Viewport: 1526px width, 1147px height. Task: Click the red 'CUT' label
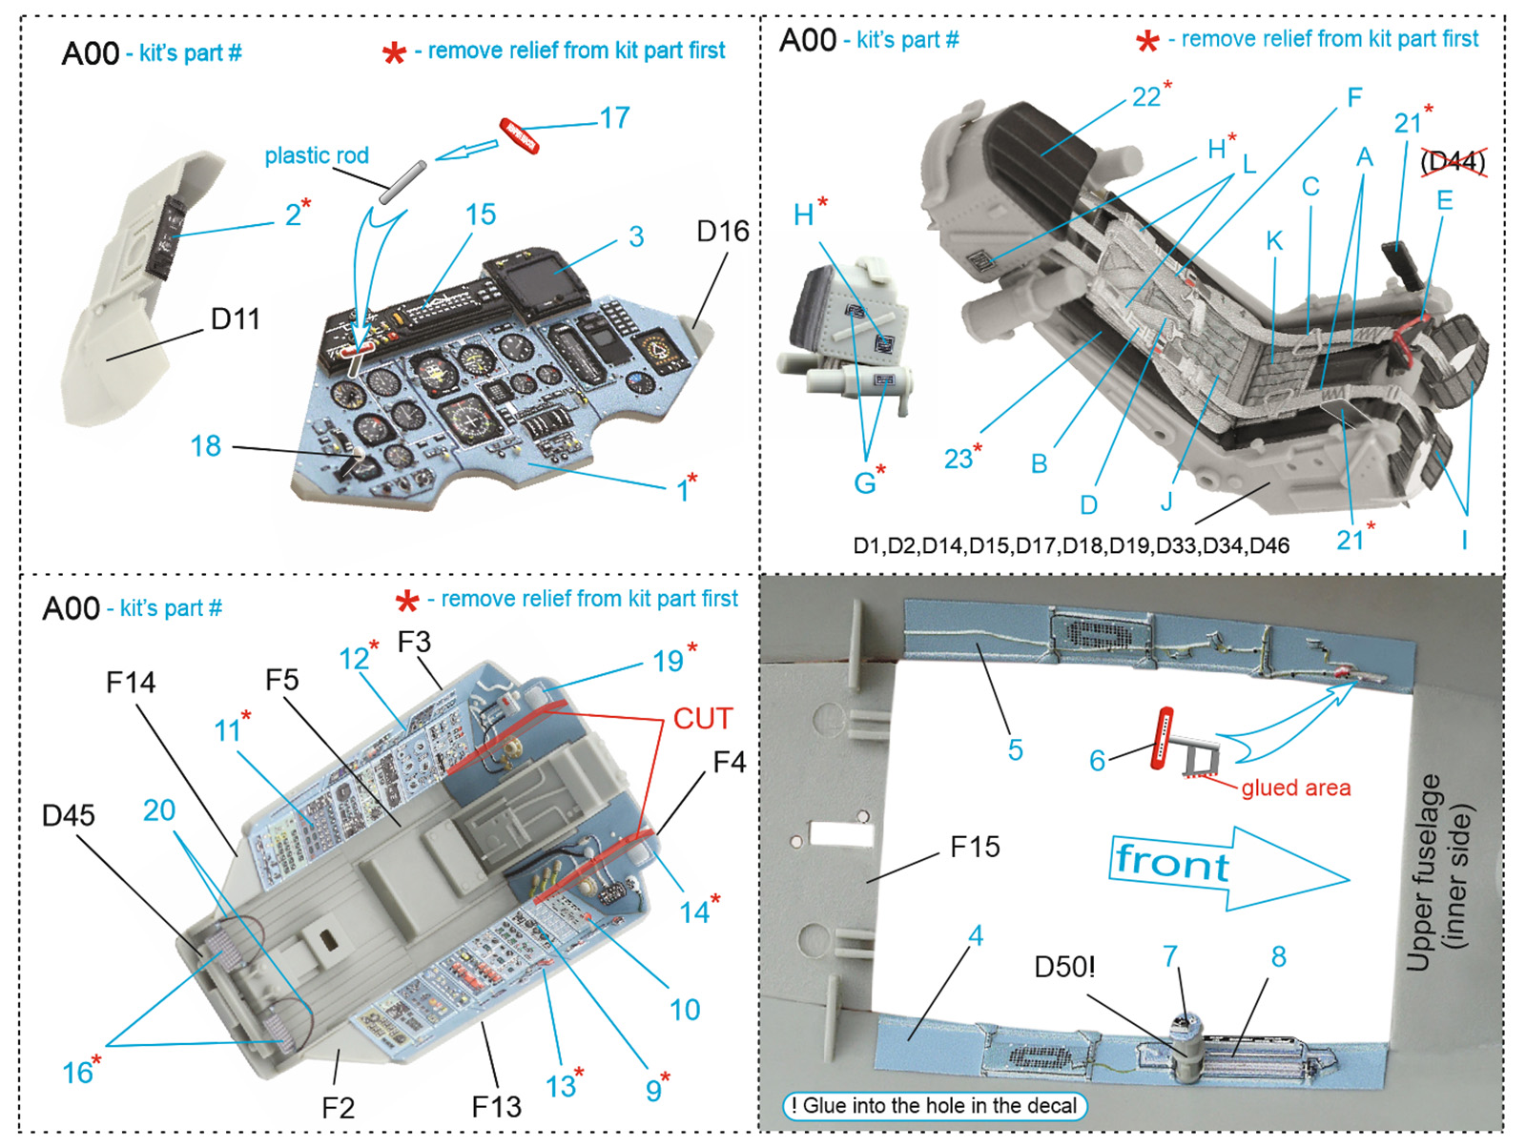[x=703, y=718]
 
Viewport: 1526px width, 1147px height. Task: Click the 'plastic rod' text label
[x=316, y=155]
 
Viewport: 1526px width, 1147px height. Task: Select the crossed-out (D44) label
[x=1453, y=162]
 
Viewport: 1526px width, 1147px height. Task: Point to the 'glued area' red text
[x=1295, y=788]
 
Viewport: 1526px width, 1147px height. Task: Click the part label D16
[x=722, y=231]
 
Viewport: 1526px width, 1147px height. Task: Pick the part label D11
[x=235, y=318]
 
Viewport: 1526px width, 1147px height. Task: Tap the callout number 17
[x=614, y=118]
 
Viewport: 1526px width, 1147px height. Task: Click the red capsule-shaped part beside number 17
[x=520, y=135]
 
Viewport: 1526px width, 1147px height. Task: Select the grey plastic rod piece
[x=402, y=182]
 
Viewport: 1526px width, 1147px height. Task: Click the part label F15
[x=975, y=847]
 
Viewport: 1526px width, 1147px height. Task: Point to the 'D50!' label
[x=1064, y=967]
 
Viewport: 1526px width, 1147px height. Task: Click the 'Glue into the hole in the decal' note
[x=935, y=1106]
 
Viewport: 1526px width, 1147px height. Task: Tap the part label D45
[x=68, y=815]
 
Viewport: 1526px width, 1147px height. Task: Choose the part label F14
[x=130, y=683]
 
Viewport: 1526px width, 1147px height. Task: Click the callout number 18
[x=205, y=445]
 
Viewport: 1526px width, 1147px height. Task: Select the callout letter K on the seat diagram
[x=1274, y=241]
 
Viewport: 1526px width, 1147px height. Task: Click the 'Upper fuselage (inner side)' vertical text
[x=1439, y=871]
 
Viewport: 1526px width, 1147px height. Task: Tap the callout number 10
[x=685, y=1009]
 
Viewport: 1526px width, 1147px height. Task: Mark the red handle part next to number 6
[x=1163, y=738]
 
